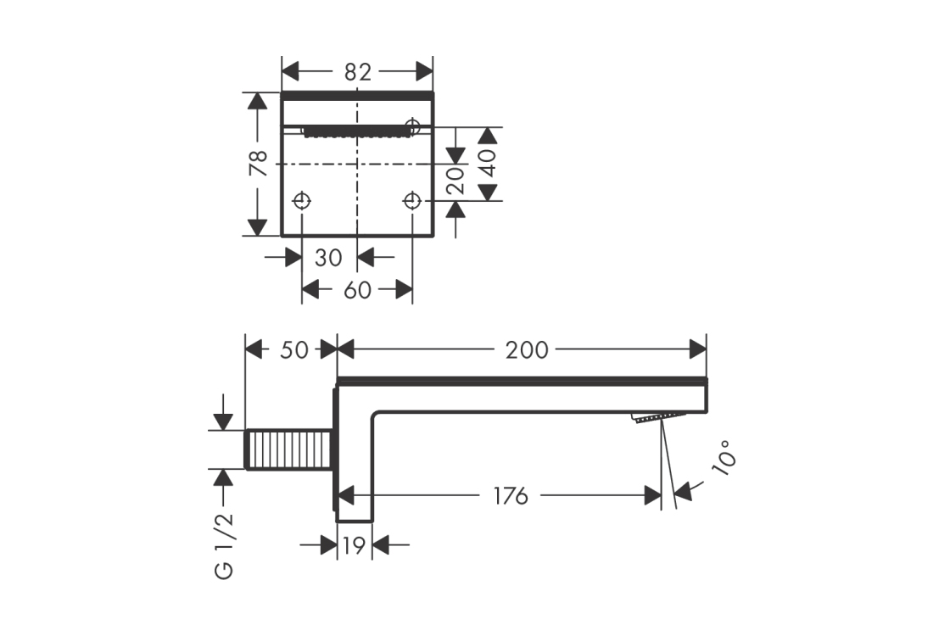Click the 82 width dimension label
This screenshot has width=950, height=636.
(x=358, y=72)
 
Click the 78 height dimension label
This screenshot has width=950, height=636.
(x=260, y=163)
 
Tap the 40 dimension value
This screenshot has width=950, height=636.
(x=488, y=163)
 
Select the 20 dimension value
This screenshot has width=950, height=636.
(x=456, y=180)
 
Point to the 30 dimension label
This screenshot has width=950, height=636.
(x=328, y=256)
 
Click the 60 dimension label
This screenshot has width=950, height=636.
(x=358, y=290)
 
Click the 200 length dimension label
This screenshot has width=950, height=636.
(x=527, y=349)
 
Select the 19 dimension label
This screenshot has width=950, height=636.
(x=355, y=545)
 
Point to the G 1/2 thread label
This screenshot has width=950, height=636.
(x=224, y=544)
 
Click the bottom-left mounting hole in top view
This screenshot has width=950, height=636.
(x=302, y=201)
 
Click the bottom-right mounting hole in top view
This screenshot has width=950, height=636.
(x=412, y=201)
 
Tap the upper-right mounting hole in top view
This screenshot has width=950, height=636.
(x=413, y=126)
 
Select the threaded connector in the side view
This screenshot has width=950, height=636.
(x=288, y=449)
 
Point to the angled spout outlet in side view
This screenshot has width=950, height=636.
(x=656, y=417)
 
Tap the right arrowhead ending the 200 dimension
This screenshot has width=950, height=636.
(x=698, y=349)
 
